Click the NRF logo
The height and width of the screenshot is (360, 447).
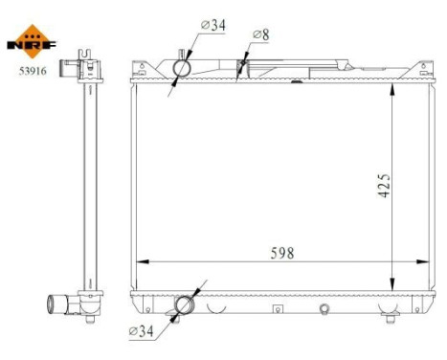[x=32, y=37]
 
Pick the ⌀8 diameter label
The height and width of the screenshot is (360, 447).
[x=259, y=34]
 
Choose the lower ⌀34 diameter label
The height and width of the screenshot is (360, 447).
[x=141, y=332]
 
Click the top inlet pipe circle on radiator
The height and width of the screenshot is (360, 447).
[x=184, y=69]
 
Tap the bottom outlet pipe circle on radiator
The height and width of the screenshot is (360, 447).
[x=184, y=304]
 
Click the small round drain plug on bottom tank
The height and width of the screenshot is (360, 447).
[x=324, y=308]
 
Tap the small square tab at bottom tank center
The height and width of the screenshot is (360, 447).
[x=277, y=308]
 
